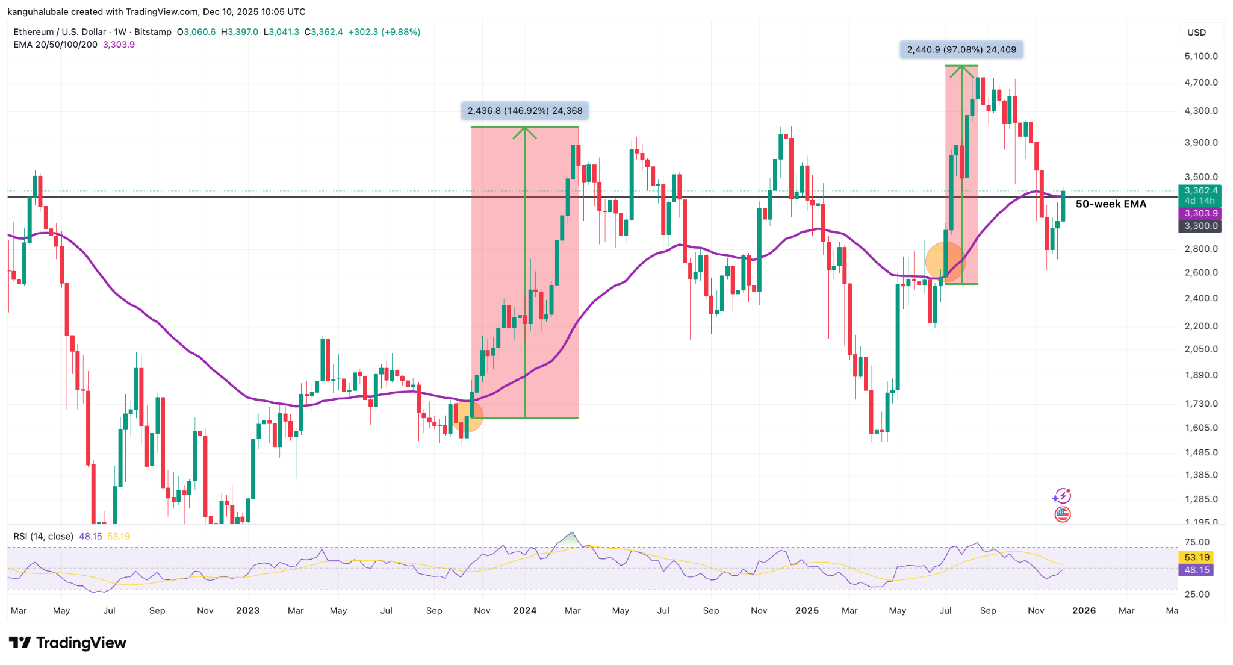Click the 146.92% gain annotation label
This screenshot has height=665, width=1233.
tap(525, 111)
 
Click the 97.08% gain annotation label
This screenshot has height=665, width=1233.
tap(961, 49)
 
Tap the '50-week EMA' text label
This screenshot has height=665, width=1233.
tap(1111, 204)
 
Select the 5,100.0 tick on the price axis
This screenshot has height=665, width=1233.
tap(1200, 56)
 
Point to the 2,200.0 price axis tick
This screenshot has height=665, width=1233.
tap(1200, 326)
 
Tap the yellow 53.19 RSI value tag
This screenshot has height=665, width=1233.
tap(1196, 557)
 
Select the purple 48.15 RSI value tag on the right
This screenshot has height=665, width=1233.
tap(1196, 570)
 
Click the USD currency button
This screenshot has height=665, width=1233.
tap(1196, 32)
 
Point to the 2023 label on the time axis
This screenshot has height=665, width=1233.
tap(247, 610)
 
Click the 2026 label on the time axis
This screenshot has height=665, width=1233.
tap(1084, 610)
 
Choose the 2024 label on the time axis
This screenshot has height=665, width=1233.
tap(524, 610)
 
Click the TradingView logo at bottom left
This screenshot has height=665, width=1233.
tap(67, 643)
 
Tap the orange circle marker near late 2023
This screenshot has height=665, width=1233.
tap(467, 416)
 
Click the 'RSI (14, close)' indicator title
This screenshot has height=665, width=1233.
tap(43, 536)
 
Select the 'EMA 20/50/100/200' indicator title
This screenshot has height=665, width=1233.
tap(55, 45)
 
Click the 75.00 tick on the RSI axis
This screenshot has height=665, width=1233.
tap(1196, 542)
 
